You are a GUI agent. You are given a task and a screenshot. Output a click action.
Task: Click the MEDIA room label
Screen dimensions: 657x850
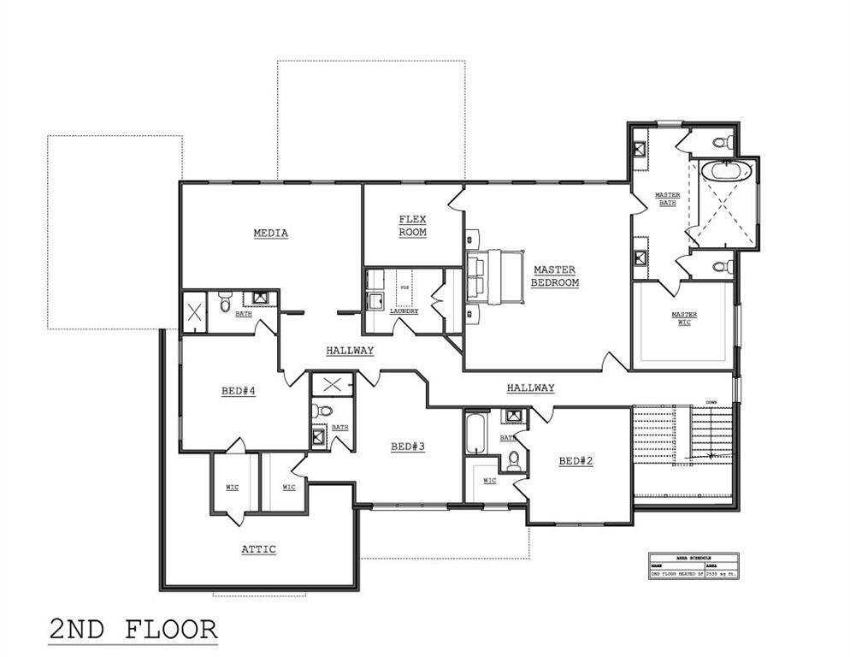click(x=270, y=234)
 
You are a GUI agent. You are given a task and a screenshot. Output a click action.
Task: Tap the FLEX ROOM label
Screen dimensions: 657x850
click(x=412, y=226)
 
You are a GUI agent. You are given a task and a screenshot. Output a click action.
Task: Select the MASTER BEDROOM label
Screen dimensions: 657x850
click(x=554, y=276)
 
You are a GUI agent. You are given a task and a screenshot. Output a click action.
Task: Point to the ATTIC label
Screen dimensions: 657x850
click(x=258, y=549)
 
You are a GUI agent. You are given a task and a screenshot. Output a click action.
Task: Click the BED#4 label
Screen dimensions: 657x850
click(x=239, y=391)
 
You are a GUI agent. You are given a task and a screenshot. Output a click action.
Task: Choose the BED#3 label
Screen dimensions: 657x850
click(x=408, y=446)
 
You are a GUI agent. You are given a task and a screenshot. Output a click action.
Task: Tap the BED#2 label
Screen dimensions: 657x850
click(x=576, y=461)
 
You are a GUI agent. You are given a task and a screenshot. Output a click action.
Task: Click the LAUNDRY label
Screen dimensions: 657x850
click(x=404, y=311)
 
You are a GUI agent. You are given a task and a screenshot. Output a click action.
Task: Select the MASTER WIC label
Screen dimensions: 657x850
click(x=684, y=318)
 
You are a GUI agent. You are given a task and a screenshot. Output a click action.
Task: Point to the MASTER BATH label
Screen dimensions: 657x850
click(x=667, y=198)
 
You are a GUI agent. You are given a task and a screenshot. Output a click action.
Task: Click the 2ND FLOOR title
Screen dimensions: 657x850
click(x=133, y=630)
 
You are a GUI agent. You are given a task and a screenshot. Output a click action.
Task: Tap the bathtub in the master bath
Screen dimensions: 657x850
click(x=726, y=170)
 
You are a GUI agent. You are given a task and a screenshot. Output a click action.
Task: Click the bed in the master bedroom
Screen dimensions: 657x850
click(x=495, y=276)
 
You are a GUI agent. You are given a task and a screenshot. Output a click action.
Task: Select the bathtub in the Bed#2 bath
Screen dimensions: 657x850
click(x=475, y=434)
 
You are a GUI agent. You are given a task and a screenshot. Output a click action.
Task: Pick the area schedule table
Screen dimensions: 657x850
click(x=693, y=566)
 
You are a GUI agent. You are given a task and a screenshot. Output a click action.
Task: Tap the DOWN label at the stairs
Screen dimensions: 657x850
click(x=711, y=402)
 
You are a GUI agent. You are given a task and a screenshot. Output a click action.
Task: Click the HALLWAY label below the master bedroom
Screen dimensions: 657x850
click(x=530, y=388)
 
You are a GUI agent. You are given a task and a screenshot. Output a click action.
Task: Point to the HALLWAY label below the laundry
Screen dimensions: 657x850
click(x=350, y=351)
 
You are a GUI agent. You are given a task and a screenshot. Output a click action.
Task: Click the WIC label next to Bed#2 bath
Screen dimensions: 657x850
click(x=489, y=481)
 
